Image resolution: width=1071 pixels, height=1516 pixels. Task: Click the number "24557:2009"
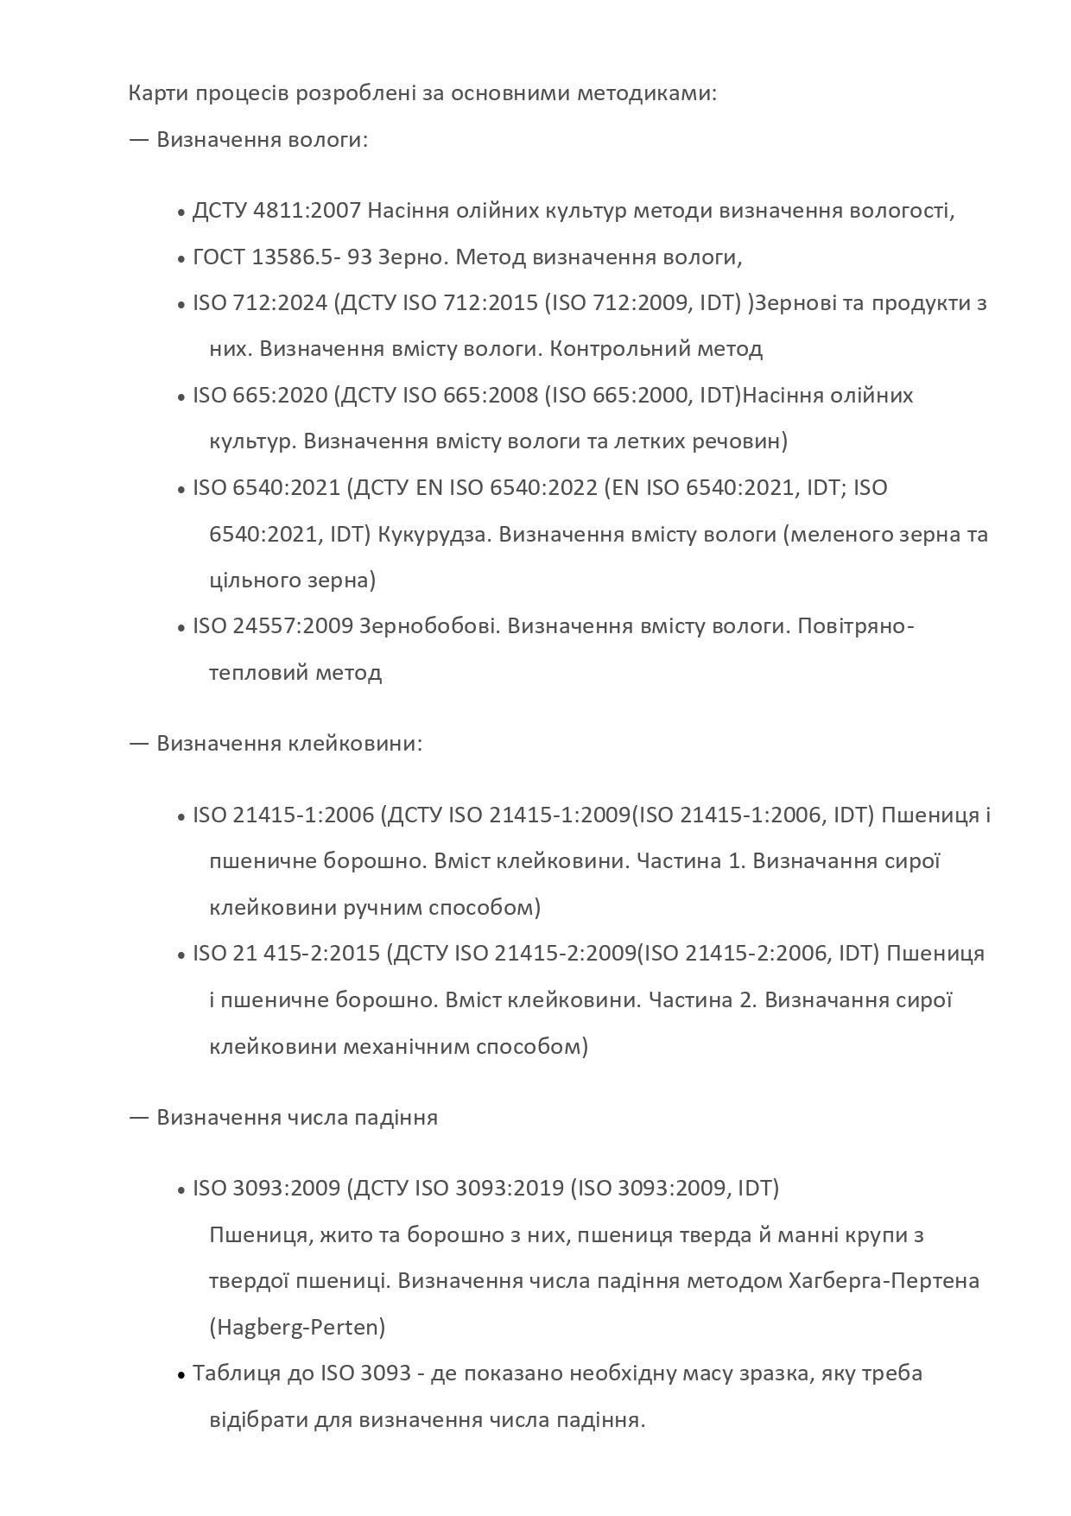point(293,625)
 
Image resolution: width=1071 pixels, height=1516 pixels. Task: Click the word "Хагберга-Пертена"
point(884,1280)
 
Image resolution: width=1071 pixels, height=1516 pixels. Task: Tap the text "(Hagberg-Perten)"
point(297,1327)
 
